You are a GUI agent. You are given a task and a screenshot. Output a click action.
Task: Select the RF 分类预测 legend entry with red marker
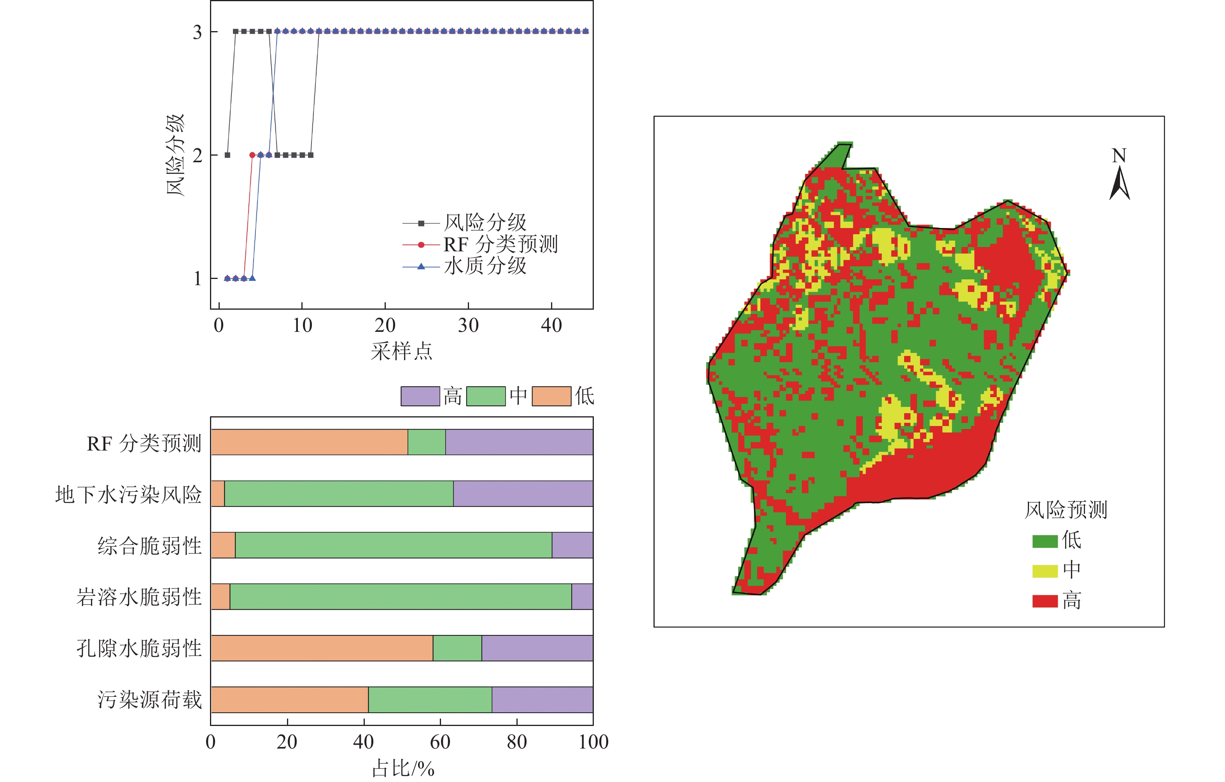point(500,245)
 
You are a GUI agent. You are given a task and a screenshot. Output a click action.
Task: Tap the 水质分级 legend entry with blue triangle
point(484,266)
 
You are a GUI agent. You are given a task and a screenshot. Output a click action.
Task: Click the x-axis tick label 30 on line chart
point(468,326)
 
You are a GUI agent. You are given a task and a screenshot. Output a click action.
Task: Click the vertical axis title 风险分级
point(175,155)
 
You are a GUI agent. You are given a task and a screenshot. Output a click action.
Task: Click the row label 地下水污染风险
point(129,494)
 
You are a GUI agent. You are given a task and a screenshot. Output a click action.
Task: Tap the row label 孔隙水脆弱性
point(139,649)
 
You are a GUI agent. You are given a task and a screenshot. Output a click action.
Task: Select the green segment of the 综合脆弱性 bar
point(393,545)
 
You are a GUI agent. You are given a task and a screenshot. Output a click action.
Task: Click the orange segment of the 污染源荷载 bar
point(289,700)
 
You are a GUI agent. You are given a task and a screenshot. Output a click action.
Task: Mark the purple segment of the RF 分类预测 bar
point(519,442)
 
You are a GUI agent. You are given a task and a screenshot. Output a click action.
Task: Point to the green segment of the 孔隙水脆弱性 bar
point(457,648)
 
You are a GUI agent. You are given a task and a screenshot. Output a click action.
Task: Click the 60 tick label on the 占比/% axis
point(440,742)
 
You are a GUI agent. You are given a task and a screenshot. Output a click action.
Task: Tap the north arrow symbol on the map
point(1119,183)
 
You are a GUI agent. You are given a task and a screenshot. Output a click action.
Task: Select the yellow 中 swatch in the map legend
point(1045,571)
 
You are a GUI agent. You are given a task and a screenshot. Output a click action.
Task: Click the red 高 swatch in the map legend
point(1045,601)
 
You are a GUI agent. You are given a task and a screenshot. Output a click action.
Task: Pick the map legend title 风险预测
point(1066,510)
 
